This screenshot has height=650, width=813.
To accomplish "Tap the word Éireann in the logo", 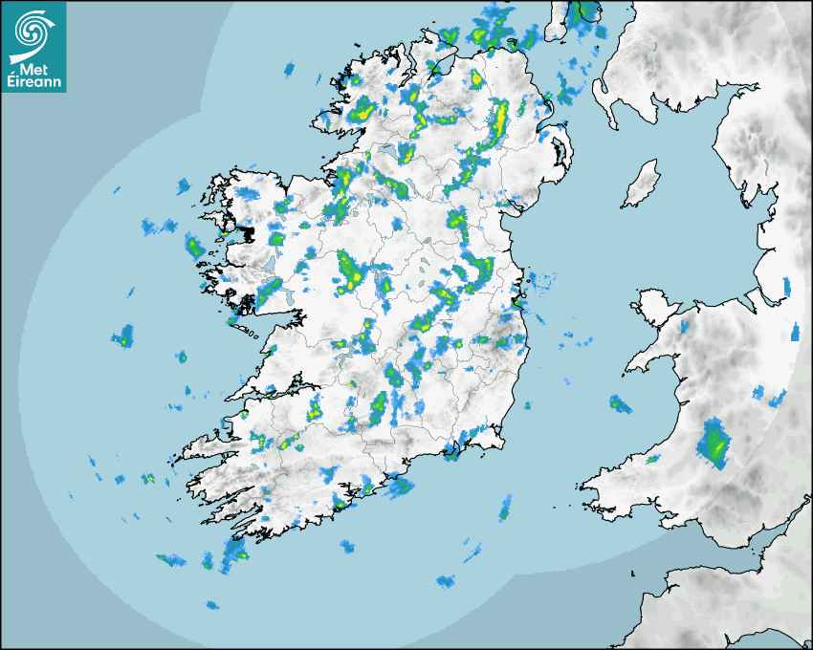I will (34, 82).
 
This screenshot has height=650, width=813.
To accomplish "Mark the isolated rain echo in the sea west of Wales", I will (620, 404).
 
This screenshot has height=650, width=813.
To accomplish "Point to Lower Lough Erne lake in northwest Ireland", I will (387, 152).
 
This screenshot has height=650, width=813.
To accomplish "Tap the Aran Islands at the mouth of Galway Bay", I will (244, 330).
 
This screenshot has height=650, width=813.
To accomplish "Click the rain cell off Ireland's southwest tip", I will (232, 551).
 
